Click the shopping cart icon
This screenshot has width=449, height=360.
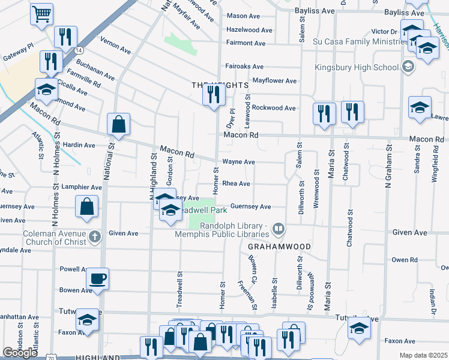click(x=41, y=14)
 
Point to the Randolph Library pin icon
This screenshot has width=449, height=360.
click(x=278, y=229)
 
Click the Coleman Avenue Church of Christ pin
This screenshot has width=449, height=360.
click(x=94, y=237)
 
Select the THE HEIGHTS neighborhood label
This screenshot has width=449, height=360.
click(x=220, y=86)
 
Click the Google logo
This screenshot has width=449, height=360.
click(x=20, y=353)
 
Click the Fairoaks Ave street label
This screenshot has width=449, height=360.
click(x=244, y=67)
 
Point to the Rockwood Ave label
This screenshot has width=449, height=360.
click(x=274, y=108)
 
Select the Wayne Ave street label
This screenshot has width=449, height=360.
click(x=238, y=162)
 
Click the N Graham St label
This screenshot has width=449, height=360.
click(x=389, y=165)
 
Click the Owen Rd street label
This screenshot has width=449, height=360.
click(x=404, y=260)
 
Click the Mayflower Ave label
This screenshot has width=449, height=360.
click(x=275, y=80)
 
